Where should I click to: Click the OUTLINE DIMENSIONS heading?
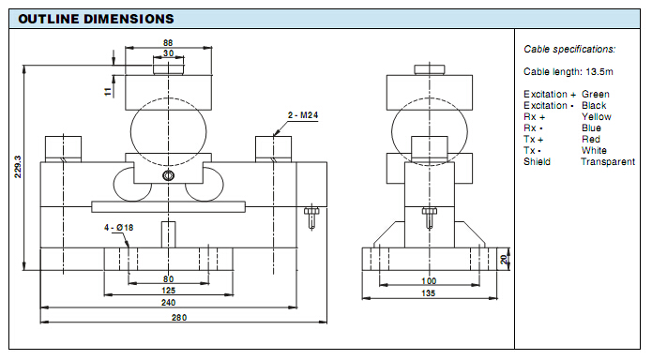pos(96,19)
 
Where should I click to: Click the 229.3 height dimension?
pos(18,167)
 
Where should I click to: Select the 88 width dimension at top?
pos(168,42)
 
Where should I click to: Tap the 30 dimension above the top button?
pos(169,53)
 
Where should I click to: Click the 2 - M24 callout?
pos(303,115)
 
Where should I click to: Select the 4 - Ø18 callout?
pos(118,228)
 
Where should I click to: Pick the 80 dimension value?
pos(169,279)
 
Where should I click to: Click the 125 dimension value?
pos(169,291)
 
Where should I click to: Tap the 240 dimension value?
pos(169,302)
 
